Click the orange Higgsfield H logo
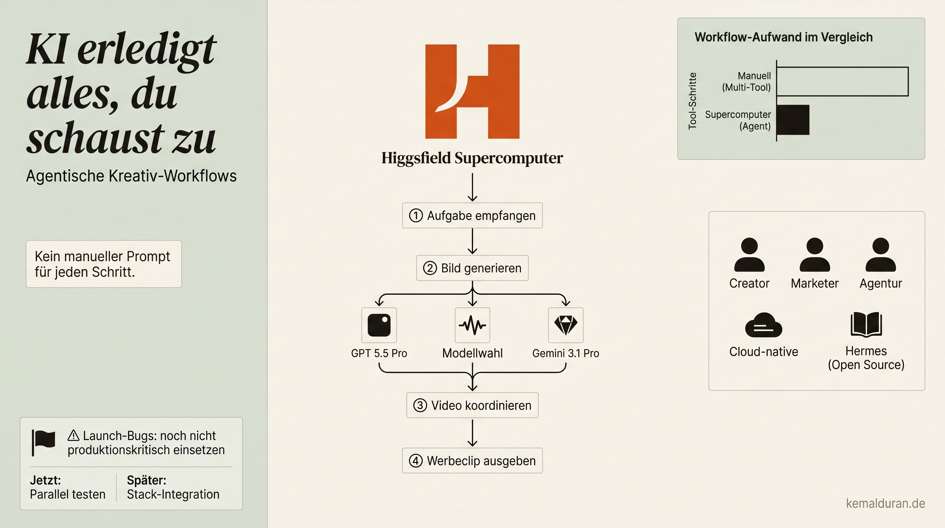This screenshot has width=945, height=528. coord(472,91)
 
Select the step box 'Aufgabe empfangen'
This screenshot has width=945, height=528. coord(472,216)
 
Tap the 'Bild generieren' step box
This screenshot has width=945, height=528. coord(472,268)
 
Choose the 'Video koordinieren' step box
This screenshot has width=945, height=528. coord(472,405)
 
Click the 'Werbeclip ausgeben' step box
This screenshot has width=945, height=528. coord(472,460)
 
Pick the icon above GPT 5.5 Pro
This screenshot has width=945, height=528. coord(379,325)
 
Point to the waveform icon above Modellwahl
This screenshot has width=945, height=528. coord(473,325)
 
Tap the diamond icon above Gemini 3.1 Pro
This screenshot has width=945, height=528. coord(566,325)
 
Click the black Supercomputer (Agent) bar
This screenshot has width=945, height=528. coord(793,120)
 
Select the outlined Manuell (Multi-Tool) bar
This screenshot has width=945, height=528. coord(843,81)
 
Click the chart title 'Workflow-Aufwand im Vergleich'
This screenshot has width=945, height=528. coord(784,37)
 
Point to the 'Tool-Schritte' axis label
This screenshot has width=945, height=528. coord(692,101)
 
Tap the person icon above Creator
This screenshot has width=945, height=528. coord(750,254)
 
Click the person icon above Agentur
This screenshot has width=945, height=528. coord(881,254)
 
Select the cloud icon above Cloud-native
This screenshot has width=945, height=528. coord(764,325)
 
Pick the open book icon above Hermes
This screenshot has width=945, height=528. coord(866,324)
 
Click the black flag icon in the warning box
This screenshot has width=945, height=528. coord(43,443)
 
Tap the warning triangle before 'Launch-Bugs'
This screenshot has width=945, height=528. coord(73,436)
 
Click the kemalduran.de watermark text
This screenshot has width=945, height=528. coord(886,503)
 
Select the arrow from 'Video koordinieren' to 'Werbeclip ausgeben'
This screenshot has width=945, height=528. coord(473,433)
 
